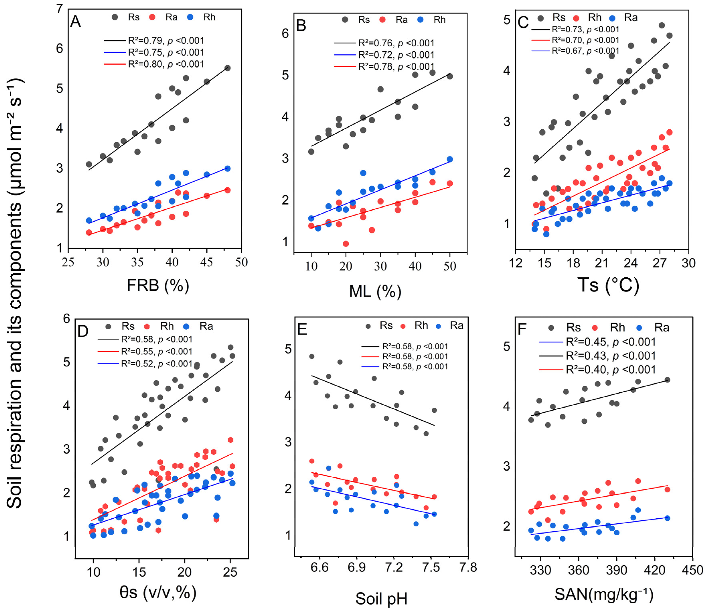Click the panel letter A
click(75, 22)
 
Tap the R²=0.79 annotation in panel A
click(166, 41)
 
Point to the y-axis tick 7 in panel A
click(60, 8)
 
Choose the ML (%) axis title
click(375, 291)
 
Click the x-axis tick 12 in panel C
click(516, 263)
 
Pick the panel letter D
click(83, 331)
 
